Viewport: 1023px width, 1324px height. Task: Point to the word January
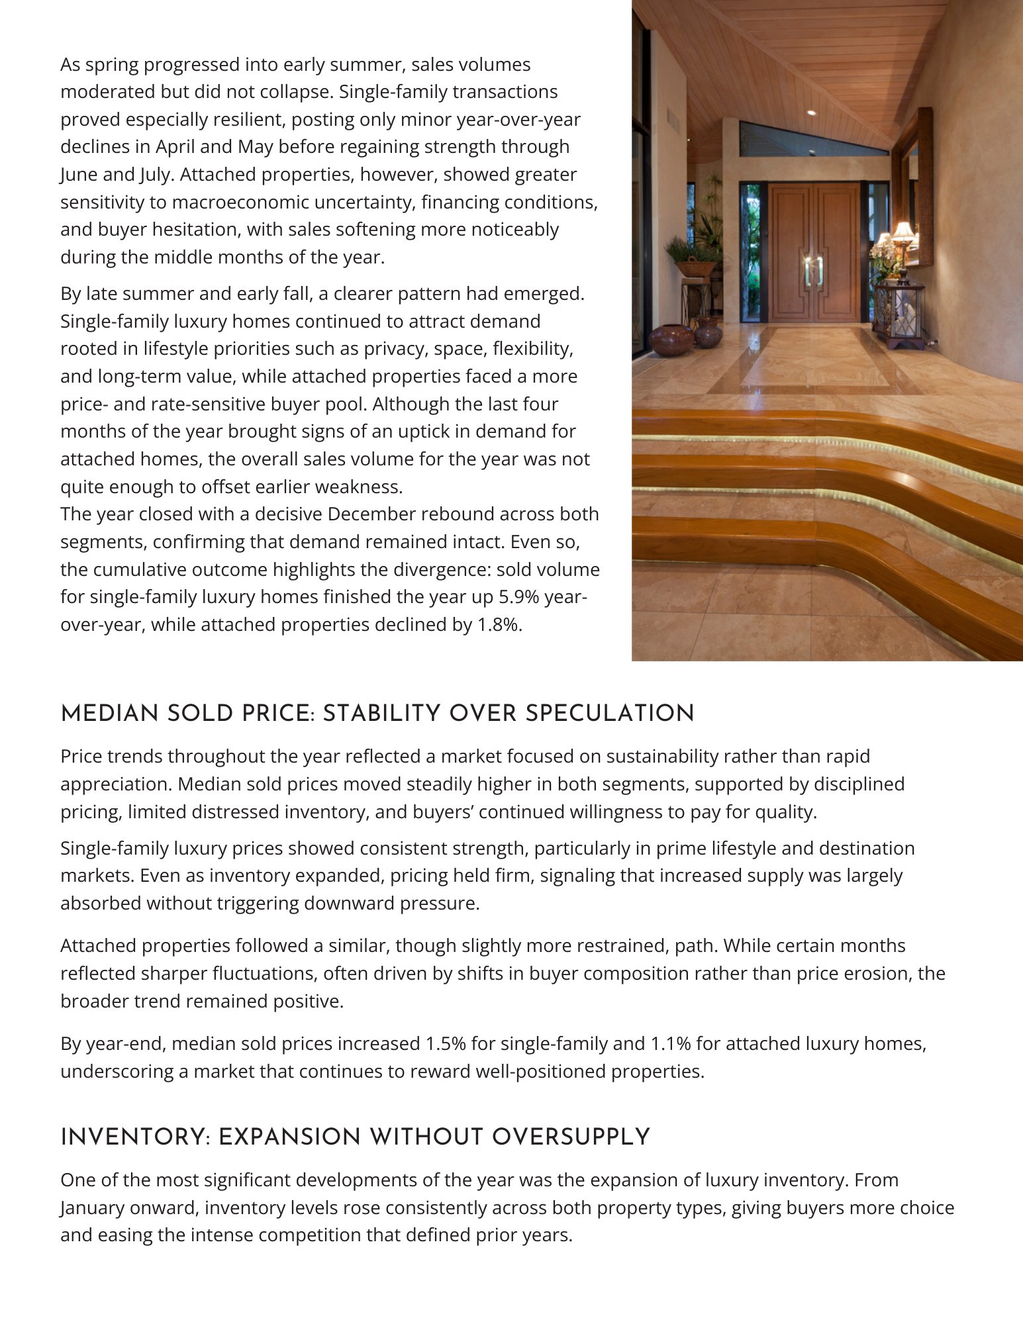97,1208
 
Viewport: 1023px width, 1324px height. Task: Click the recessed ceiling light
812,113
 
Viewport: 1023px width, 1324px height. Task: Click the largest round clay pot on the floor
671,340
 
